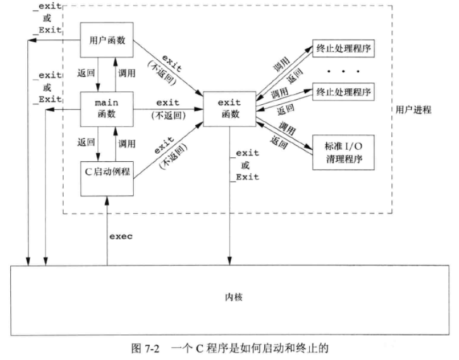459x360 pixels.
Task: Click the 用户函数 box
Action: (108, 40)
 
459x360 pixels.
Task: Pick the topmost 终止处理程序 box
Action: (343, 48)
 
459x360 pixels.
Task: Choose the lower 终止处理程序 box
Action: (343, 91)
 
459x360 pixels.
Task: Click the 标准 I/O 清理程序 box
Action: (343, 152)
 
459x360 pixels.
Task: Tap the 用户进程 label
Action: (413, 109)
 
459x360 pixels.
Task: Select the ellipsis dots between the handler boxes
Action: (343, 71)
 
